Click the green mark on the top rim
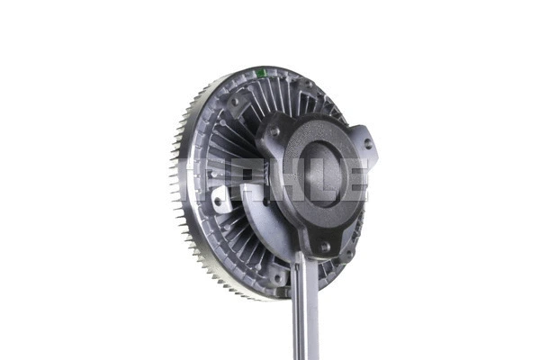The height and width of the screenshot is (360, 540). [260, 73]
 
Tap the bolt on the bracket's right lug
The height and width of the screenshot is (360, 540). [367, 144]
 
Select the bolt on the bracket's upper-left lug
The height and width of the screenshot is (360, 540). [274, 131]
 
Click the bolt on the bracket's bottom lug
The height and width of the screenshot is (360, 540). [323, 246]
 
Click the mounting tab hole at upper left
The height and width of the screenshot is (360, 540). [235, 103]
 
